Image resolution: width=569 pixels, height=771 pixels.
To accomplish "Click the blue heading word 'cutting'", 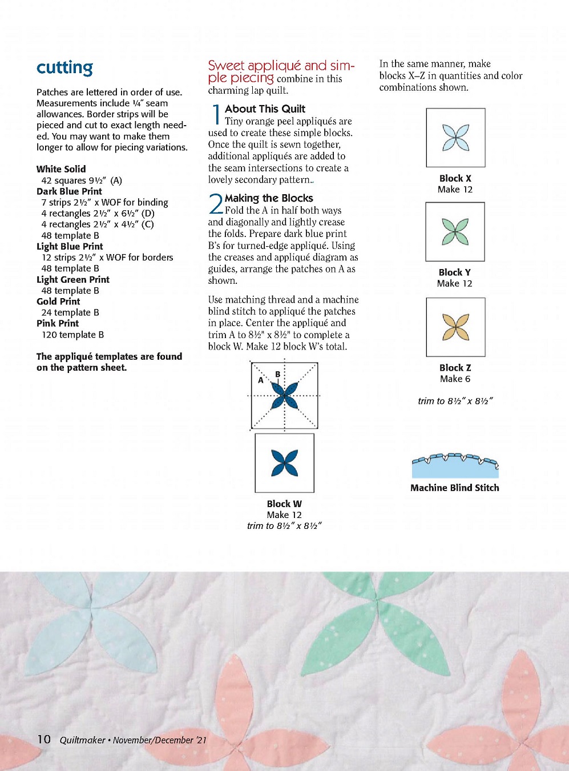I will pos(64,68).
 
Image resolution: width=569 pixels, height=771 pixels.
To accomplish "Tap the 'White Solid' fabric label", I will pos(61,169).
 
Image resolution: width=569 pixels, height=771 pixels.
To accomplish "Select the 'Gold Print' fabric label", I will pos(58,302).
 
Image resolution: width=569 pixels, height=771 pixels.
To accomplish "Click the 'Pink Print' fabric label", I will pos(58,323).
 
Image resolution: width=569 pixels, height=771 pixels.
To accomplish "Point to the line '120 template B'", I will pos(72,335).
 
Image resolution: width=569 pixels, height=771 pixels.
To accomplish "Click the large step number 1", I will pos(216,114).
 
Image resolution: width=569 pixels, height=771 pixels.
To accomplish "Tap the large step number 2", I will pos(215,204).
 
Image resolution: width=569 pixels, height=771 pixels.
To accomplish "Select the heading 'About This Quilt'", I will pos(265,109).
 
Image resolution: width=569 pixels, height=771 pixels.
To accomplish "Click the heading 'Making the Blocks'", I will pos(269,198).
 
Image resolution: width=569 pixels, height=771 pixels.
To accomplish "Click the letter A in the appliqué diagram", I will pos(261,380).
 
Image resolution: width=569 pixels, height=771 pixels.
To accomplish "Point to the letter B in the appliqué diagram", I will pos(278,375).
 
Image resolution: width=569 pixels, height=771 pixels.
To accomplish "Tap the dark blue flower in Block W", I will pos(284,463).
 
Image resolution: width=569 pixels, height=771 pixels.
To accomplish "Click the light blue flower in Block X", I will pos(456,138).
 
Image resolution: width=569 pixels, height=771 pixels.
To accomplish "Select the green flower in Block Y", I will pos(455,232).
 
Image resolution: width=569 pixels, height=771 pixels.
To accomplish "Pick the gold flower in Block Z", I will pos(456,327).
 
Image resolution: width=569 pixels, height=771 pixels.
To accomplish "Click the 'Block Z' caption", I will pos(455,368).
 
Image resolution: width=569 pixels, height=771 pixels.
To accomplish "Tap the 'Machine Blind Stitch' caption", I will pos(455,488).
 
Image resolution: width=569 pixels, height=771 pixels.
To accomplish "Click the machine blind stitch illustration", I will pos(455,465).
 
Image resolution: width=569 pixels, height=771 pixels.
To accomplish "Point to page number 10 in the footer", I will pos(44,740).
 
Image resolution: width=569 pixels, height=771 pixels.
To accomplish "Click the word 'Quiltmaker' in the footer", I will pos(82,740).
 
